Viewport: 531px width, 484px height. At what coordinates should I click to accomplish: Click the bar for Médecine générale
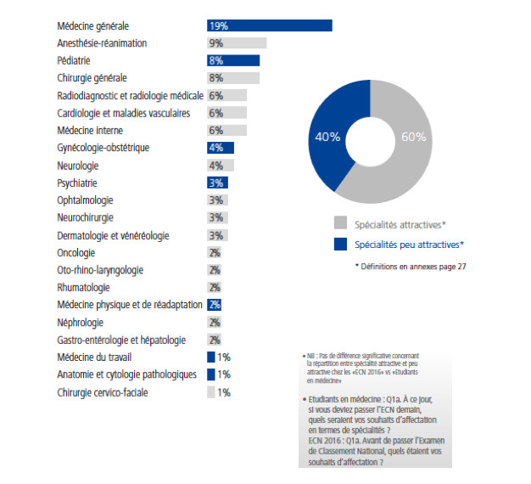tap(269, 25)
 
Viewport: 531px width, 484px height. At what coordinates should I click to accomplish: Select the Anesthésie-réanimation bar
tap(237, 43)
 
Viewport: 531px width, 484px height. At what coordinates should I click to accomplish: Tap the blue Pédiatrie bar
tap(233, 60)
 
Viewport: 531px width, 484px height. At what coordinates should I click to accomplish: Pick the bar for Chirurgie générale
tap(233, 78)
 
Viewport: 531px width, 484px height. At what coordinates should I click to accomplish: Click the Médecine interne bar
tap(226, 130)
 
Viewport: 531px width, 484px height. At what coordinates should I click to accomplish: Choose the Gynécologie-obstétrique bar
tap(221, 148)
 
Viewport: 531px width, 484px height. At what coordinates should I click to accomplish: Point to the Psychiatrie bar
tap(217, 183)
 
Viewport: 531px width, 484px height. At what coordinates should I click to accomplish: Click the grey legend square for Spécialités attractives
tap(340, 224)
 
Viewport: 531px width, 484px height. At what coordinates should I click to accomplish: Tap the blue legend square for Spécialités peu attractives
tap(340, 245)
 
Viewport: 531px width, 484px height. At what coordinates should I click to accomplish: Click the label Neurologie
tap(77, 165)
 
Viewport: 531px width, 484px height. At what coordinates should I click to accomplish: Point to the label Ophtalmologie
tap(85, 200)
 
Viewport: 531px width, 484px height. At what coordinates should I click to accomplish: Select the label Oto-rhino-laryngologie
tap(99, 270)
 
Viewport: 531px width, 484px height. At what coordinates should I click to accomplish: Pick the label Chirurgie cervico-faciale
tap(103, 392)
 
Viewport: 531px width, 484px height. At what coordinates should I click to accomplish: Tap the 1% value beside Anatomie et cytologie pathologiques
tap(224, 374)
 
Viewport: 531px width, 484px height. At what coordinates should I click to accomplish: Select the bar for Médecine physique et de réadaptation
tap(215, 305)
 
